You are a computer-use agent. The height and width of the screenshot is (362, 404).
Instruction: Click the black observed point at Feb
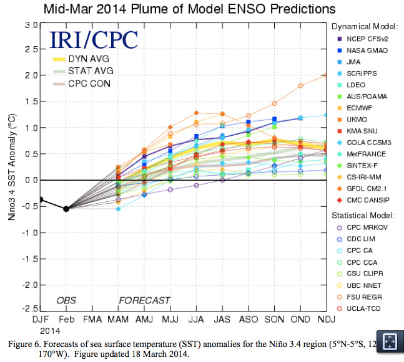pos(66,209)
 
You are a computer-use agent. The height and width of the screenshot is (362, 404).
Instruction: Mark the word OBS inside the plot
pos(66,300)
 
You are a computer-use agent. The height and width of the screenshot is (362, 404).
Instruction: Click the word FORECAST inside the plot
pos(144,300)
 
